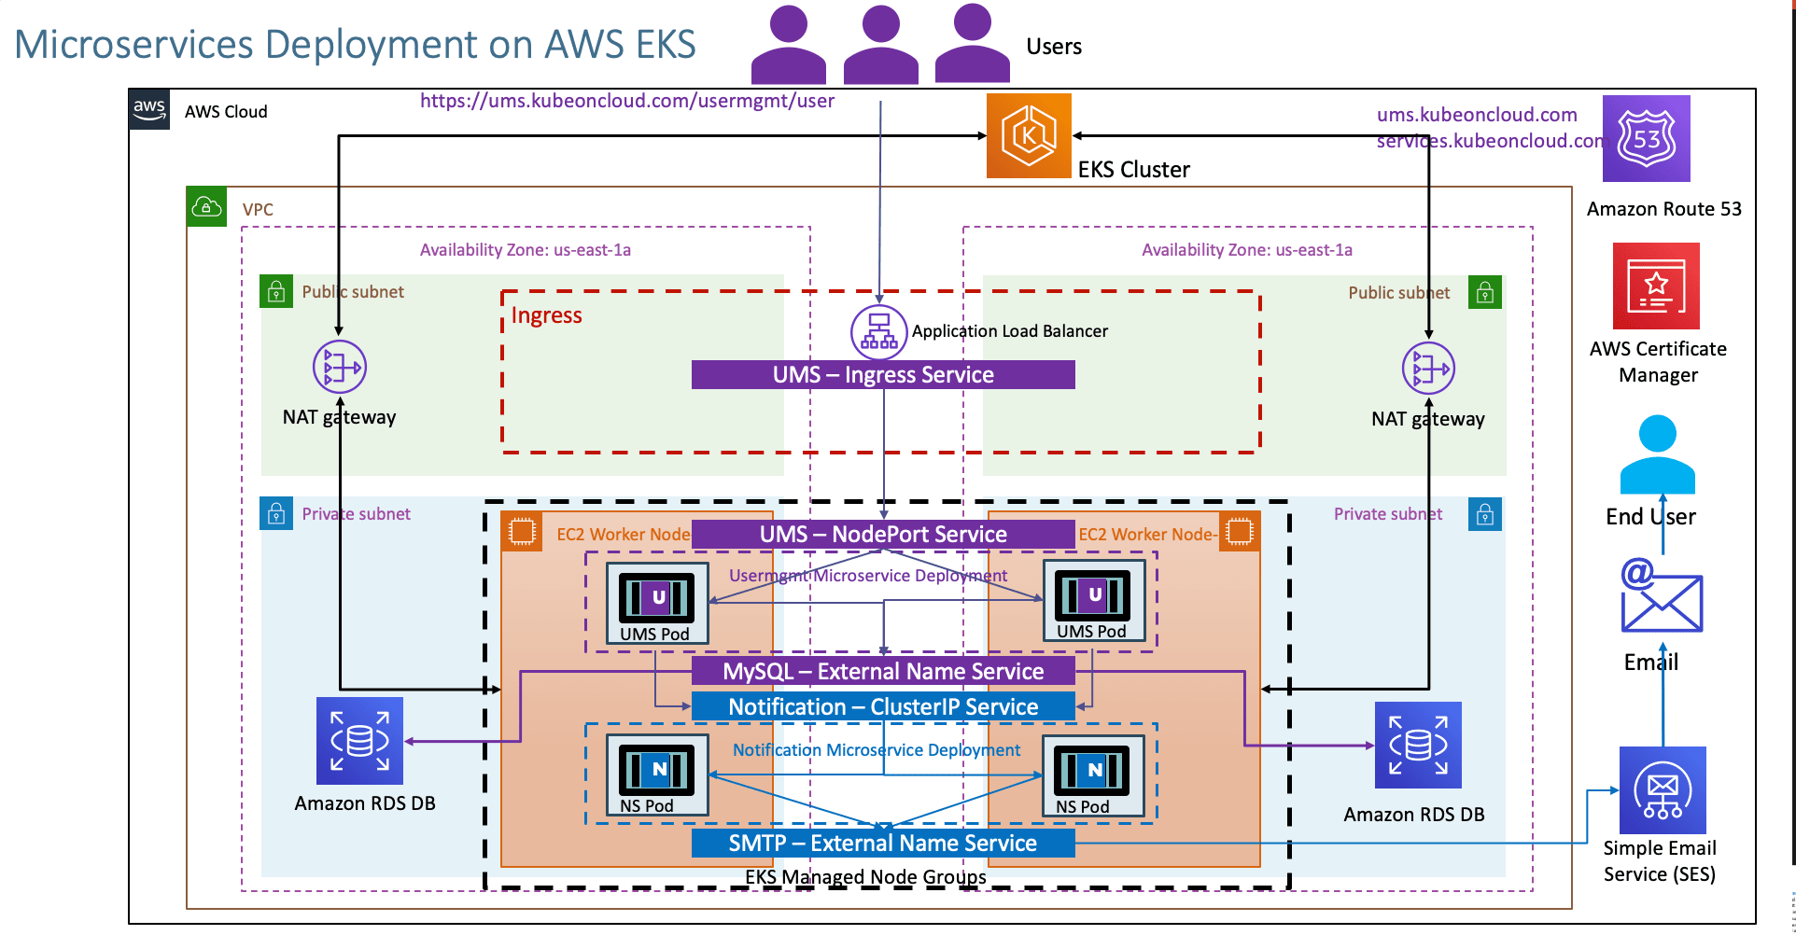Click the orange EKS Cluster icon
coord(1029,136)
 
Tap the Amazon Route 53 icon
coord(1646,139)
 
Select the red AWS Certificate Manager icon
coord(1656,286)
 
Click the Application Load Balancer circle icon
coord(878,332)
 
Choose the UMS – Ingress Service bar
coord(883,375)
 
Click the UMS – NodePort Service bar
coord(883,535)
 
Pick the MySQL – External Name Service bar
coord(883,672)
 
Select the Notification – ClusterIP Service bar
coord(883,707)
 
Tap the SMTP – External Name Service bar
coord(883,844)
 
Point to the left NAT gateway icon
coord(340,368)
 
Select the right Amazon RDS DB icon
coord(1417,746)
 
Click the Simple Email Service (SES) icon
coord(1662,790)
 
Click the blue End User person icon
coord(1657,454)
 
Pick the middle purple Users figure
coord(880,44)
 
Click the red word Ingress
coord(546,315)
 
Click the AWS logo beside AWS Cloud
coord(149,110)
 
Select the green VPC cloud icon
coord(206,207)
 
